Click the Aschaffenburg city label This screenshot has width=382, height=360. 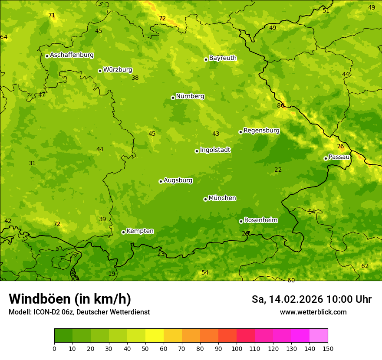[72, 55]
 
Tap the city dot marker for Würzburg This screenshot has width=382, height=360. [100, 71]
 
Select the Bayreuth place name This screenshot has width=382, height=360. [223, 58]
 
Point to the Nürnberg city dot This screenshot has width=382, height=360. [173, 98]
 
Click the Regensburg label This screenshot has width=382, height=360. [261, 131]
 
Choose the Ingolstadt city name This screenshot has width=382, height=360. [215, 150]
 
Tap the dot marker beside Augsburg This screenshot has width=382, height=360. [161, 181]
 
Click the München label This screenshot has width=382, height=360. [222, 198]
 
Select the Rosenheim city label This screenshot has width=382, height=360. [260, 220]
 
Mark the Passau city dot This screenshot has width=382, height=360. [326, 158]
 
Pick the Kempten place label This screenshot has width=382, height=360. [140, 231]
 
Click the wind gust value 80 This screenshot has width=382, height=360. [280, 105]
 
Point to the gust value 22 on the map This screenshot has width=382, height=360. [278, 170]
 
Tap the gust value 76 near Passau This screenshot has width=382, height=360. [340, 147]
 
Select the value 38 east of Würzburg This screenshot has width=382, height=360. [135, 78]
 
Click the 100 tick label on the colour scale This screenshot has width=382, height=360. [237, 348]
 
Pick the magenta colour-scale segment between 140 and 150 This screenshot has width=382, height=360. [319, 336]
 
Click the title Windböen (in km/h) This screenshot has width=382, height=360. [70, 299]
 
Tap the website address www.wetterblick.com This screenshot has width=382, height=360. [313, 312]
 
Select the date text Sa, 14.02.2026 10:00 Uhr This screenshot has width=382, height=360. [311, 299]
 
